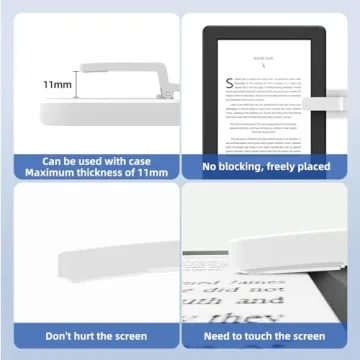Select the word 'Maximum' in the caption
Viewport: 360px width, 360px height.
54,173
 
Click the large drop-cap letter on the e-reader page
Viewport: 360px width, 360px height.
230,79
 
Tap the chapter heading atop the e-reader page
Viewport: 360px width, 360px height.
263,60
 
